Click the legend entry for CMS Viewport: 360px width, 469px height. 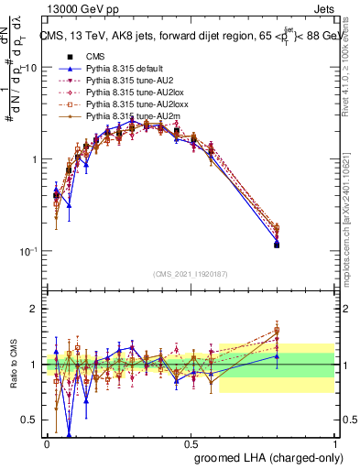click(95, 56)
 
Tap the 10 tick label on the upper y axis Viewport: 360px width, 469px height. click(30, 68)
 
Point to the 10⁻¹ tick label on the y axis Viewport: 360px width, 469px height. click(28, 251)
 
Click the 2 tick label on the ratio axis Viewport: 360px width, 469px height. click(35, 309)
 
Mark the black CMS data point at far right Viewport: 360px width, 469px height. click(277, 245)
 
